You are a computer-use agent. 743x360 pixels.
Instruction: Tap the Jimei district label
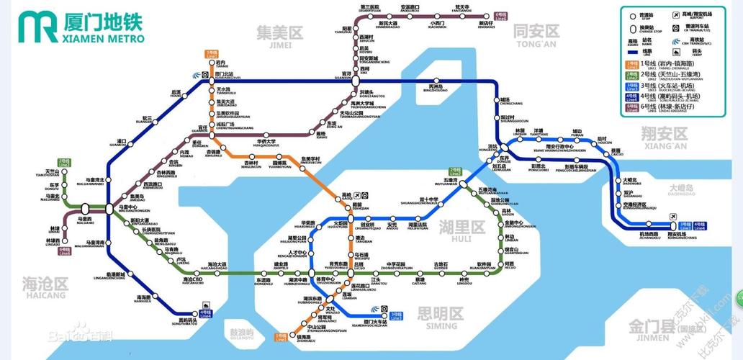[x=279, y=33]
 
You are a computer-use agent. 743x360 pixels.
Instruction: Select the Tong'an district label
[x=536, y=32]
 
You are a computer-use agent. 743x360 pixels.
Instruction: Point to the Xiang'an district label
[x=664, y=135]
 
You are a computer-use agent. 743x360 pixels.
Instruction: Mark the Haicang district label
[x=45, y=283]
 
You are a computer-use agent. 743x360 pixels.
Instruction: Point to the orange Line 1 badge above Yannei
[x=211, y=53]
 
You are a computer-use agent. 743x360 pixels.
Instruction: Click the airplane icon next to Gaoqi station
[x=365, y=195]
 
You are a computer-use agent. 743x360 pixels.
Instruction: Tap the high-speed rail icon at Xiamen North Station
[x=197, y=74]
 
